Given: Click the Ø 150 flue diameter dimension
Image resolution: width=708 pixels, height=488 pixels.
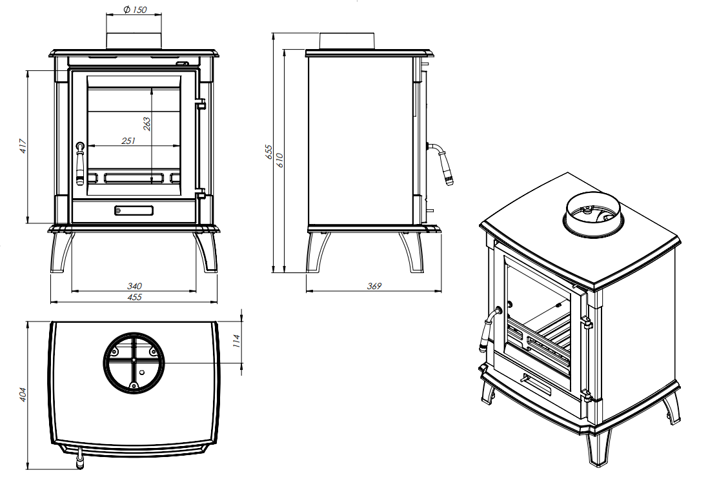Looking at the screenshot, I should [x=134, y=10].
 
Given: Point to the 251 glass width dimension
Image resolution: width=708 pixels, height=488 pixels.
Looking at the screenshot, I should [x=128, y=141].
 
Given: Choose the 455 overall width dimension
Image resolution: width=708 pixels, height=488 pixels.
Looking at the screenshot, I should [x=135, y=297].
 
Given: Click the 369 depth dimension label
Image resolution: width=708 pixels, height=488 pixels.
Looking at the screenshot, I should [x=374, y=286].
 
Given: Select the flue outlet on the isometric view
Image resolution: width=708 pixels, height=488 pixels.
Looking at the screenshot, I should [x=594, y=216].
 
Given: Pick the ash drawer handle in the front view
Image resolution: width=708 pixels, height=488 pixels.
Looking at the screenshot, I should [x=134, y=210].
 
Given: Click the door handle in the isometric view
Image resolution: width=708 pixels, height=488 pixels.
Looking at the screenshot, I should [x=487, y=332].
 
